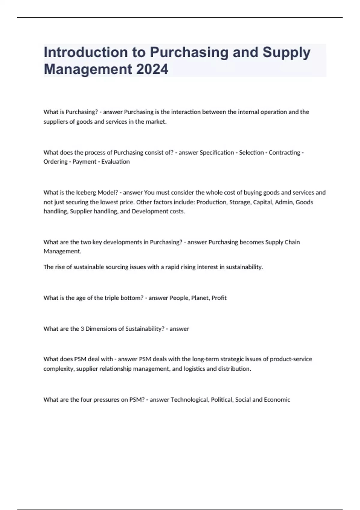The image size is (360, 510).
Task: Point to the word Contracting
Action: coord(284,152)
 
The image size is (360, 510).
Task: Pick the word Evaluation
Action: coord(115,162)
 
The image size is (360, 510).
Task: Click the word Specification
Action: coord(217,152)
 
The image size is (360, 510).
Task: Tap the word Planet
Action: coord(200,298)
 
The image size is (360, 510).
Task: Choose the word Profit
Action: coord(219,298)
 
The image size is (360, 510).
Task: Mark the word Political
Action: coord(222,400)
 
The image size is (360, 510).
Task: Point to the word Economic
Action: coord(277,400)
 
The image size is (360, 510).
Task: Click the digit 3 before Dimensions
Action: coord(82,329)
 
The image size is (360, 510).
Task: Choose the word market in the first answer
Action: coord(156,122)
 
